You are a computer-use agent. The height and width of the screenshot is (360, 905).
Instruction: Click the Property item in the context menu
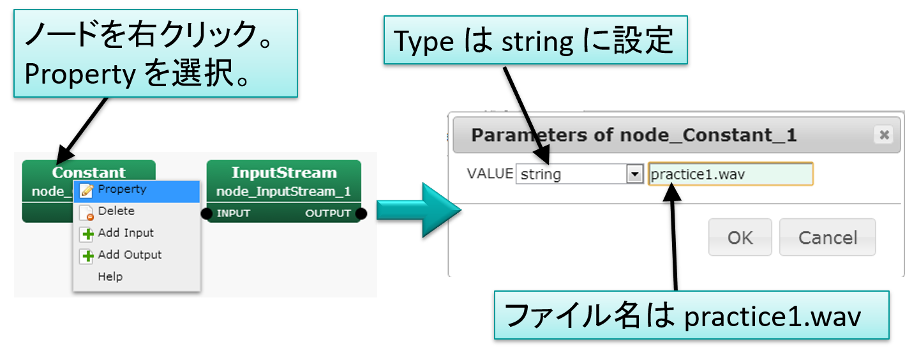click(121, 190)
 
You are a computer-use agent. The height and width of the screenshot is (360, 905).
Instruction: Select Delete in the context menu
click(116, 211)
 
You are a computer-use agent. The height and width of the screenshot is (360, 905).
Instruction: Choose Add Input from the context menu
click(125, 233)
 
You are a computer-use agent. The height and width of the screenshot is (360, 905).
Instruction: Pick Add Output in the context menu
click(129, 255)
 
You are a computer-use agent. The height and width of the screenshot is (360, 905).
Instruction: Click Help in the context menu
click(110, 276)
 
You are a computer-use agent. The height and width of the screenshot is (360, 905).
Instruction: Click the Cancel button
click(827, 237)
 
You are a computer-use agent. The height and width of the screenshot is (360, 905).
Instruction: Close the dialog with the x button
click(884, 135)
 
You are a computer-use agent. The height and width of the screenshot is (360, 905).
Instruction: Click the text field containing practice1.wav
click(730, 174)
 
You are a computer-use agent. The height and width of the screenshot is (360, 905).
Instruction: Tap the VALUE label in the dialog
click(490, 174)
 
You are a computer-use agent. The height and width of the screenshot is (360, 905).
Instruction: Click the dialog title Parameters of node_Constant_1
click(633, 135)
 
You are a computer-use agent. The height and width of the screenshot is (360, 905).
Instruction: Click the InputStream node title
click(283, 172)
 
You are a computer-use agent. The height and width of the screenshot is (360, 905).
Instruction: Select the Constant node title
click(89, 172)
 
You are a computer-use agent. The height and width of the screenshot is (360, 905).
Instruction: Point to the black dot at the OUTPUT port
click(361, 213)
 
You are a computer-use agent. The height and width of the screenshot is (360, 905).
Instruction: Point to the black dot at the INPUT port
click(206, 213)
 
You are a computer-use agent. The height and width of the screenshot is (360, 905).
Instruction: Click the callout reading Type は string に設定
click(535, 40)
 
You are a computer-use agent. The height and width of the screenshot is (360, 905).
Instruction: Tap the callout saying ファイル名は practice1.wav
click(691, 315)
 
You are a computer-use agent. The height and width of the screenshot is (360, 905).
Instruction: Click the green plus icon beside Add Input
click(87, 234)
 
